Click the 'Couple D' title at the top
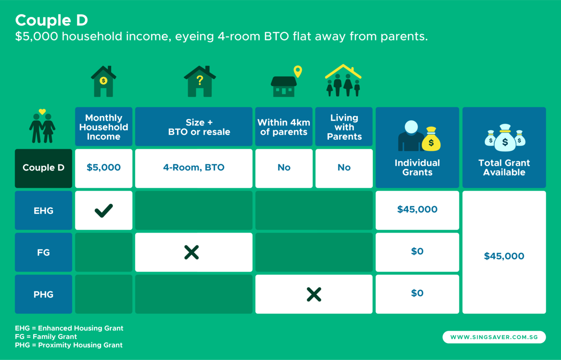(51, 21)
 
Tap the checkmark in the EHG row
(103, 211)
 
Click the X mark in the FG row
(191, 252)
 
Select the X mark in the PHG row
(314, 294)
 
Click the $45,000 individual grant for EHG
(417, 210)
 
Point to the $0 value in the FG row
(417, 252)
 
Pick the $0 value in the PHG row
(417, 294)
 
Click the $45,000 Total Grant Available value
(504, 257)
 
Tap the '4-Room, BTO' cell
(193, 168)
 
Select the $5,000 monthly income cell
(103, 168)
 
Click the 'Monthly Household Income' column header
(103, 127)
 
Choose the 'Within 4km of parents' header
(284, 127)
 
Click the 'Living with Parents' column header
(344, 127)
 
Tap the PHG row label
(44, 294)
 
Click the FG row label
(44, 252)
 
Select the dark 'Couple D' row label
(44, 168)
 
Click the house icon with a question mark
(200, 81)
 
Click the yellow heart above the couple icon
(42, 112)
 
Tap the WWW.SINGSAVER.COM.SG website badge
(494, 337)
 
